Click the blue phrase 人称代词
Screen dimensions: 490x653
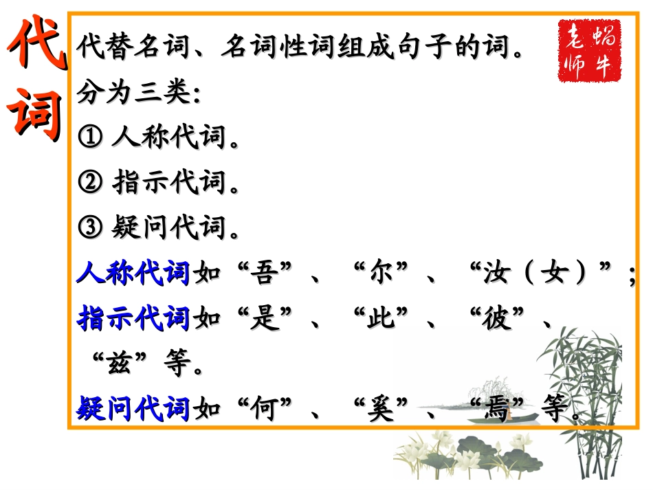[x=133, y=274]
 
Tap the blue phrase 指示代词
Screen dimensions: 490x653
[x=133, y=319]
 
